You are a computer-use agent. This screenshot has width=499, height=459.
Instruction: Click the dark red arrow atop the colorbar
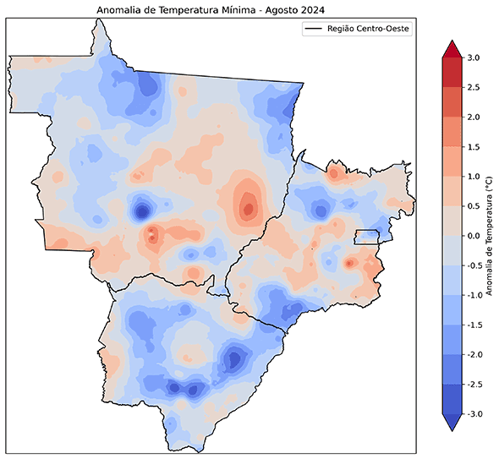(x=451, y=49)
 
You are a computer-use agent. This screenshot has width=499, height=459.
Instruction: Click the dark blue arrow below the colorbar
(x=451, y=422)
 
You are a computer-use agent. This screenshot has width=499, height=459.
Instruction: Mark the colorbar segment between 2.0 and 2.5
(x=451, y=102)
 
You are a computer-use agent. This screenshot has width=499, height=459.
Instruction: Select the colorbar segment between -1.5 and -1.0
(x=451, y=309)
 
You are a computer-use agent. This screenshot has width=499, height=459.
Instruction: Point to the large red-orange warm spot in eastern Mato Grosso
(x=248, y=205)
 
